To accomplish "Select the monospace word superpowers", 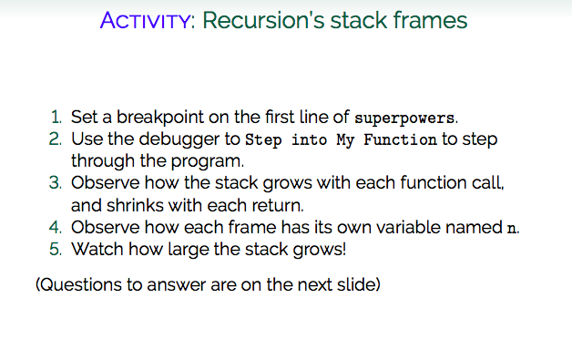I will coord(403,119).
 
